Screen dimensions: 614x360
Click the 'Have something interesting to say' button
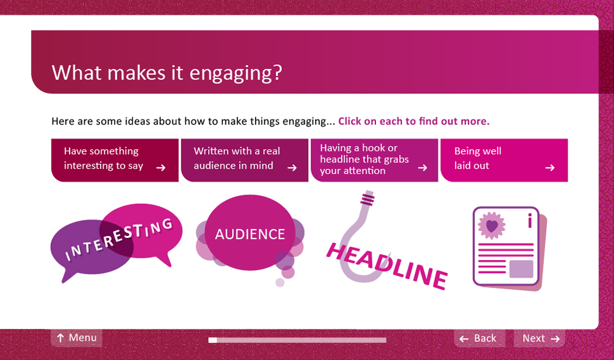click(115, 160)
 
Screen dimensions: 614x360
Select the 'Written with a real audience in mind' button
click(244, 160)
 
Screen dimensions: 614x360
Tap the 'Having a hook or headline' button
click(374, 160)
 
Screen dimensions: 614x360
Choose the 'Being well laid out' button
click(504, 160)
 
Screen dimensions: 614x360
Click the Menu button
click(77, 338)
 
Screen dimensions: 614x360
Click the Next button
click(539, 338)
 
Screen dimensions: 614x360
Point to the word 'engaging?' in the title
click(235, 73)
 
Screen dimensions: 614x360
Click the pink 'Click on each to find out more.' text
click(414, 122)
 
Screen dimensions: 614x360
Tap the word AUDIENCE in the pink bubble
click(250, 234)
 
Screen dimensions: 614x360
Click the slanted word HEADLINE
click(387, 266)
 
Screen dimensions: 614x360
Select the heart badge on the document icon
click(492, 226)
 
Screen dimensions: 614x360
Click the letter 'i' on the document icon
click(530, 220)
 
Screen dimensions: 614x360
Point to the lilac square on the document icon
click(521, 269)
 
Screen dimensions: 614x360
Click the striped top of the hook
click(368, 198)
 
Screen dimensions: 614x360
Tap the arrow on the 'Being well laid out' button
click(550, 168)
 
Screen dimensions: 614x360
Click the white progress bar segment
click(213, 340)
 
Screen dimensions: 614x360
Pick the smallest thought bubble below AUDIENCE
click(280, 282)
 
